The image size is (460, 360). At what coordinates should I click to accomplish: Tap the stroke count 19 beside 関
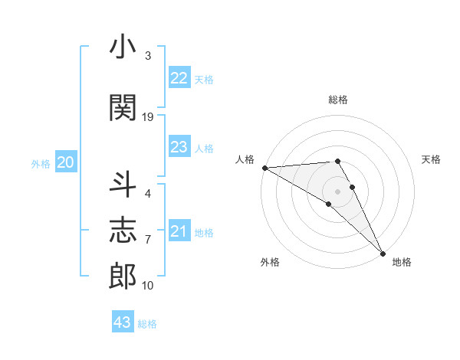[x=148, y=116]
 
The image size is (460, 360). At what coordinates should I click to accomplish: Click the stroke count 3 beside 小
[x=148, y=57]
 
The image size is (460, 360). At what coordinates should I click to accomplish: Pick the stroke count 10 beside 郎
[x=148, y=286]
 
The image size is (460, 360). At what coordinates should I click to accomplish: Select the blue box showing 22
[x=179, y=78]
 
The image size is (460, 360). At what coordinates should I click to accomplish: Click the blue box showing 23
[x=179, y=147]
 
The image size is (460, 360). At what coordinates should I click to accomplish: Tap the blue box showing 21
[x=179, y=231]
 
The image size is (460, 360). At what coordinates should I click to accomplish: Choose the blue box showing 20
[x=66, y=162]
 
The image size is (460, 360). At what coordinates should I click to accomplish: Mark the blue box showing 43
[x=122, y=322]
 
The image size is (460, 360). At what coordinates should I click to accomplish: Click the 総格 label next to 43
[x=148, y=324]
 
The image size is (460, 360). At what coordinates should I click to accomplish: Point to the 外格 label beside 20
[x=41, y=164]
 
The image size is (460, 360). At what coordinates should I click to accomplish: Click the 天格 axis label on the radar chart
[x=432, y=159]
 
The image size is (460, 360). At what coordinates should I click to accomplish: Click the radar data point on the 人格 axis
[x=264, y=168]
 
